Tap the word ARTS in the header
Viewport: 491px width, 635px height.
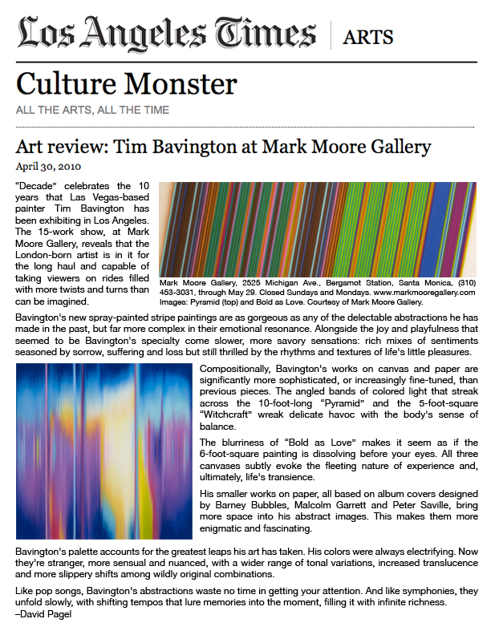(368, 36)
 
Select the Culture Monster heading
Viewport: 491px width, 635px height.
(127, 83)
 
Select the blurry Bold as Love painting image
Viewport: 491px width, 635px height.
(103, 451)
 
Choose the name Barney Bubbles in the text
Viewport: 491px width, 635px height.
(240, 506)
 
